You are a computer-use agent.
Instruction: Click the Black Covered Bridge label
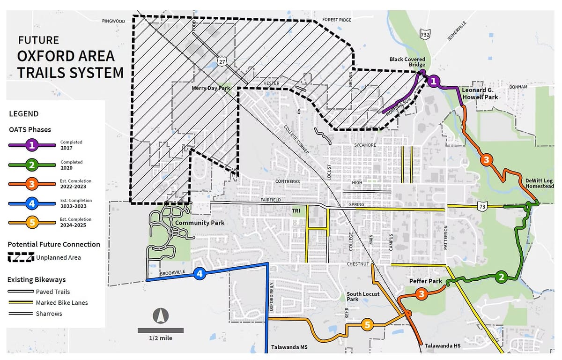[x=407, y=62]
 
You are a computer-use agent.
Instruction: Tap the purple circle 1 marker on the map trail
[x=434, y=81]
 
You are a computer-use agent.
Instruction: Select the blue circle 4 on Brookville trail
[x=200, y=274]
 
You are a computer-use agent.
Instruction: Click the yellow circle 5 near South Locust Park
[x=367, y=324]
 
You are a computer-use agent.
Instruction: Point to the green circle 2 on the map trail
[x=501, y=277]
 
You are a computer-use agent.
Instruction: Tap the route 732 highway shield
[x=425, y=34]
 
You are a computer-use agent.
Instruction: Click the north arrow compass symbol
[x=161, y=316]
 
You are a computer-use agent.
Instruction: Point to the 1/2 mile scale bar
[x=161, y=330]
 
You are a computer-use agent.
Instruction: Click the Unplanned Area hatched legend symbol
[x=21, y=257]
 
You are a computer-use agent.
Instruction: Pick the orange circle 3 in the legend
[x=32, y=184]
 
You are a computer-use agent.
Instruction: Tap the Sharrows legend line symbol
[x=21, y=314]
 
